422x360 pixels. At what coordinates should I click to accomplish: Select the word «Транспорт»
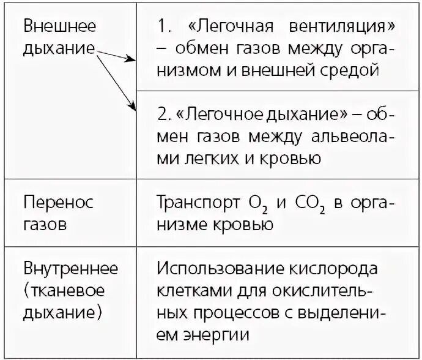(x=197, y=203)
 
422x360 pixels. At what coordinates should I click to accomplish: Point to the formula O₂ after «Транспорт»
(x=256, y=204)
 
